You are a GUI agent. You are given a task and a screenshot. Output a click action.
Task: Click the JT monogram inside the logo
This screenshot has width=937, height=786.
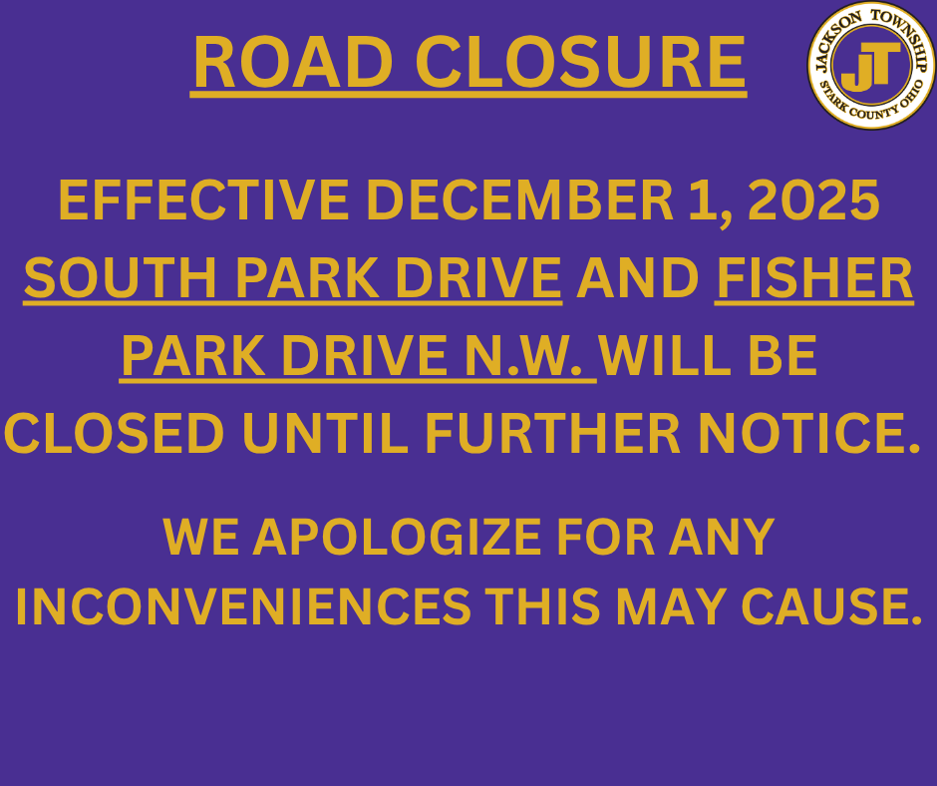(x=870, y=67)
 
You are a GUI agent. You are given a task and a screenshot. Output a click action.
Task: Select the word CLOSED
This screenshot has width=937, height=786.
(x=115, y=433)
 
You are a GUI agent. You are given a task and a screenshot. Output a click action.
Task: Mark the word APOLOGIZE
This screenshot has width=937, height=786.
(x=402, y=538)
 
